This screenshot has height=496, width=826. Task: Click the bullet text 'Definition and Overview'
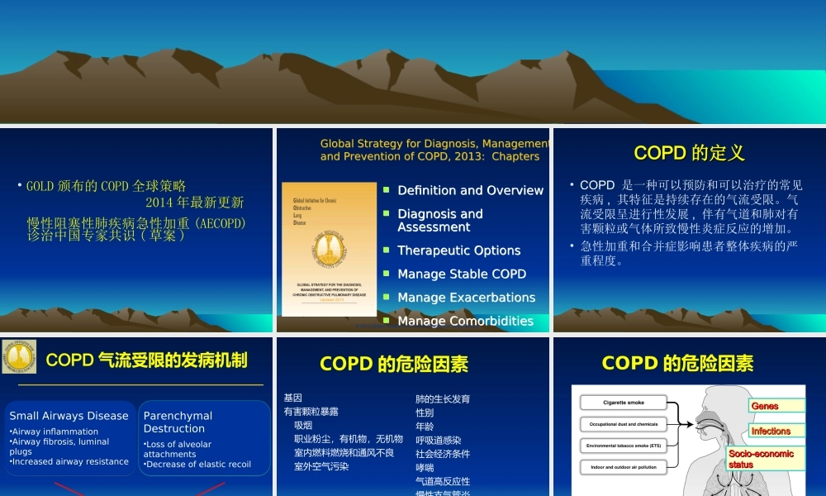tap(470, 191)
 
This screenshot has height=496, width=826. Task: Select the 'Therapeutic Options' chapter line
tap(458, 250)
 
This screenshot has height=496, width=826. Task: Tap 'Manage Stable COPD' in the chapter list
tap(461, 274)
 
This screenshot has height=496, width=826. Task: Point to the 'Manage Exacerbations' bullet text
tap(466, 298)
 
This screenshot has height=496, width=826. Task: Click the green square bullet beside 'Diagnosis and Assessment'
tap(387, 213)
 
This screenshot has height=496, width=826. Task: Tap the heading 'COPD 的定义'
tap(689, 153)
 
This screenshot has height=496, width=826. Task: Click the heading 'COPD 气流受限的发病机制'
tap(146, 360)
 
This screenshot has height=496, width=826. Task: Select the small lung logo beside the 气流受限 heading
tap(18, 356)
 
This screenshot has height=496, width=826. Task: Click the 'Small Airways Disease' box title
tap(69, 416)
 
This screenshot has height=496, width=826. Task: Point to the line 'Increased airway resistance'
tap(69, 461)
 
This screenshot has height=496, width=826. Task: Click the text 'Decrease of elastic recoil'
tap(198, 465)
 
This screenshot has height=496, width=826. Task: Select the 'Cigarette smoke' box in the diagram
tap(624, 403)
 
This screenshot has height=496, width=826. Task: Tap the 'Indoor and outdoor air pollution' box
tap(624, 467)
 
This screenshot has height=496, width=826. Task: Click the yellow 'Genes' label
tap(766, 406)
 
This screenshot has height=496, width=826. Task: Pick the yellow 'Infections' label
tap(771, 431)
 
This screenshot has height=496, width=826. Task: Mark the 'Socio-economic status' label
tap(761, 459)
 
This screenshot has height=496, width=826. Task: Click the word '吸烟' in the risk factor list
tap(303, 425)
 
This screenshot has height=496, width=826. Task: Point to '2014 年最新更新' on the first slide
tap(194, 203)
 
